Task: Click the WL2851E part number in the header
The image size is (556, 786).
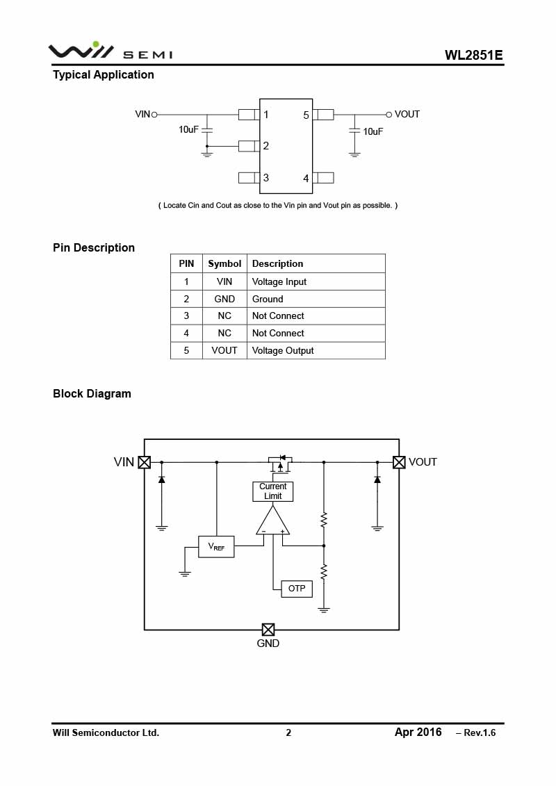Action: pos(473,55)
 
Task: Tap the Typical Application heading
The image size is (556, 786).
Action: pos(104,74)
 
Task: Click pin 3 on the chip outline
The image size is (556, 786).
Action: pos(250,177)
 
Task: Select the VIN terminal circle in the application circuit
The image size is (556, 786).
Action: pos(154,115)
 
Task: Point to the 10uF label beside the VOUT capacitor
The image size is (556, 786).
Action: pos(373,131)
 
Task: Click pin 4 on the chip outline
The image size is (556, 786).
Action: pos(323,177)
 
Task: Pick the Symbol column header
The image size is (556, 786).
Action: pos(224,263)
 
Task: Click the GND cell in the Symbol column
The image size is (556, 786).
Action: pos(224,299)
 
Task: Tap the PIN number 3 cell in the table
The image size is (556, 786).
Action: pos(186,316)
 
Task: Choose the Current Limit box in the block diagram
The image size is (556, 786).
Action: pos(272,491)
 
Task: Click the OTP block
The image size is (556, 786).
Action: pos(297,589)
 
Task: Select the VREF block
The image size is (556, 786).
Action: pos(217,547)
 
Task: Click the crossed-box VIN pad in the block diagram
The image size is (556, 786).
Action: pos(145,462)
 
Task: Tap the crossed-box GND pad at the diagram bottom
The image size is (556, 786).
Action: pos(268,630)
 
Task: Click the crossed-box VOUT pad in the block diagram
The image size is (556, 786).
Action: pos(399,462)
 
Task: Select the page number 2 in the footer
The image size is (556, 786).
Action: pos(288,733)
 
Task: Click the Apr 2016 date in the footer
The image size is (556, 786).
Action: pos(418,732)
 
